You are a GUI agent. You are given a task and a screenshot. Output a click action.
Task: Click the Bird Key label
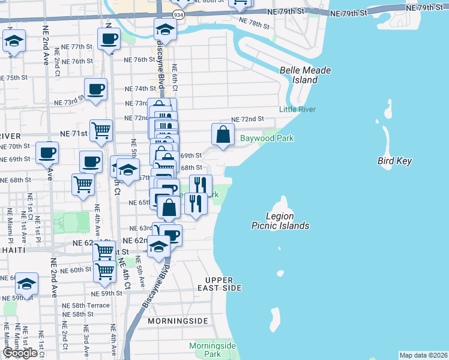click(x=393, y=161)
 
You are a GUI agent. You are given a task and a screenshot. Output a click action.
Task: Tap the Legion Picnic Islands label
click(x=280, y=221)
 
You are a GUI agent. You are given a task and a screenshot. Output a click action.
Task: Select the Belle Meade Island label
click(x=306, y=75)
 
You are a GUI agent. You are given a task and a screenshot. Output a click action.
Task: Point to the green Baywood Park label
click(x=267, y=139)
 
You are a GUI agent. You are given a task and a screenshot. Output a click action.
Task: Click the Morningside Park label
click(x=212, y=350)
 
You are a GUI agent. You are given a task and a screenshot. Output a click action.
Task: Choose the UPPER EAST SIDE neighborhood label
click(x=223, y=284)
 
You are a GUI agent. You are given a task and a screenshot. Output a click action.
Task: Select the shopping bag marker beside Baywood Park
click(x=223, y=134)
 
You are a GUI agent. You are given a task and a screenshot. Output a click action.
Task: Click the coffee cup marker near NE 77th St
click(x=109, y=40)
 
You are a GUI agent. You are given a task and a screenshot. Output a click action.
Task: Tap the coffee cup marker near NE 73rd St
click(x=95, y=90)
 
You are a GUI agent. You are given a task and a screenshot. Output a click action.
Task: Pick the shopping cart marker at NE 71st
click(x=101, y=130)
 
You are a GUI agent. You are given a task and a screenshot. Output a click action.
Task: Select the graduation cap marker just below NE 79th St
click(x=164, y=29)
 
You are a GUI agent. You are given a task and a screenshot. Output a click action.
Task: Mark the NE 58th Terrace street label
click(x=86, y=305)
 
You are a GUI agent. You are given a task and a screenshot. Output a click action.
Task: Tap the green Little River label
click(x=297, y=109)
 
